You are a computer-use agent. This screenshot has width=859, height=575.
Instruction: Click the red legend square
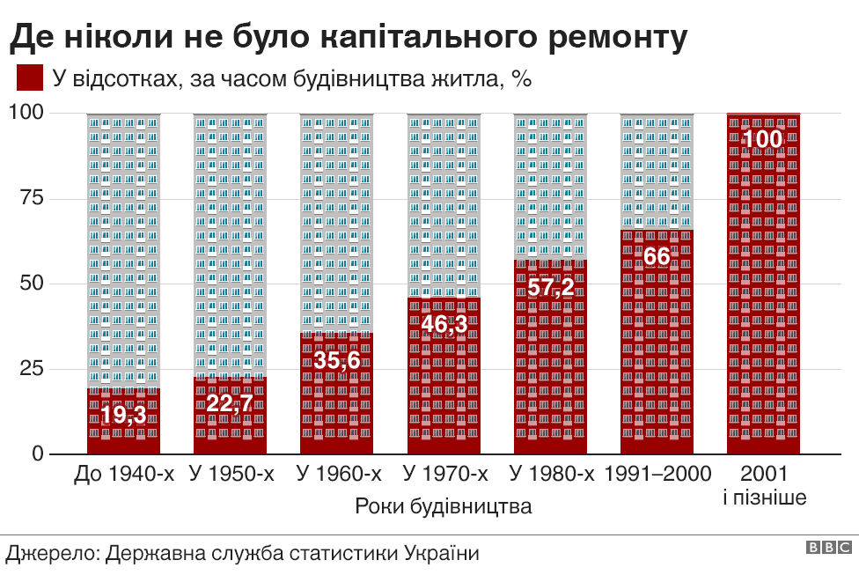coord(30,77)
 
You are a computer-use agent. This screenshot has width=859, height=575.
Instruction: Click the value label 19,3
coord(123,415)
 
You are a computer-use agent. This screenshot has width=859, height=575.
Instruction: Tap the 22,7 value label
coord(230,403)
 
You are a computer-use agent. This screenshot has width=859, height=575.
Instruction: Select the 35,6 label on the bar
coord(337,361)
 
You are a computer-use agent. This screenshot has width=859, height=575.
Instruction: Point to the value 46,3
coord(444,325)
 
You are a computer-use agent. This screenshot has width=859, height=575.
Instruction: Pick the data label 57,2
coord(551,287)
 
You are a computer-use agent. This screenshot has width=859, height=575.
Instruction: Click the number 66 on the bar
coord(657,256)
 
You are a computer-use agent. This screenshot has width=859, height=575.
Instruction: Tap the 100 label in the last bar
coord(762,139)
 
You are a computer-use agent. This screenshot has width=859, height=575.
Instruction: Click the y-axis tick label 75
coord(31,197)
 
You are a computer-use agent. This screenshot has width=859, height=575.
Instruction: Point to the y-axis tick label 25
coord(31,368)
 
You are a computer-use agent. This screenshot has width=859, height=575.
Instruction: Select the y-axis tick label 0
coord(37,453)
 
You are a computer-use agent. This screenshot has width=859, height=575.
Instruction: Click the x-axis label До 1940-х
coord(124,474)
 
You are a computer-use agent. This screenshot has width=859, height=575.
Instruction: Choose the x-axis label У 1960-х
coord(339,474)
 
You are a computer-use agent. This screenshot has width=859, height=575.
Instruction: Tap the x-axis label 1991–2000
coord(657,474)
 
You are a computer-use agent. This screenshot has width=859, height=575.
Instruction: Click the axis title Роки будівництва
coord(444,506)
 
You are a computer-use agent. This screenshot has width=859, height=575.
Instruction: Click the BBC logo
coord(829,547)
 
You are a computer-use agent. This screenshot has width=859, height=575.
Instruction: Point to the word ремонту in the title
coord(618,37)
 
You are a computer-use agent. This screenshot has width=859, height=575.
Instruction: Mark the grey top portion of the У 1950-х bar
coord(230,245)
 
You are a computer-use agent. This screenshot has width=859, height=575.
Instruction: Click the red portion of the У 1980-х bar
coord(551,357)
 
